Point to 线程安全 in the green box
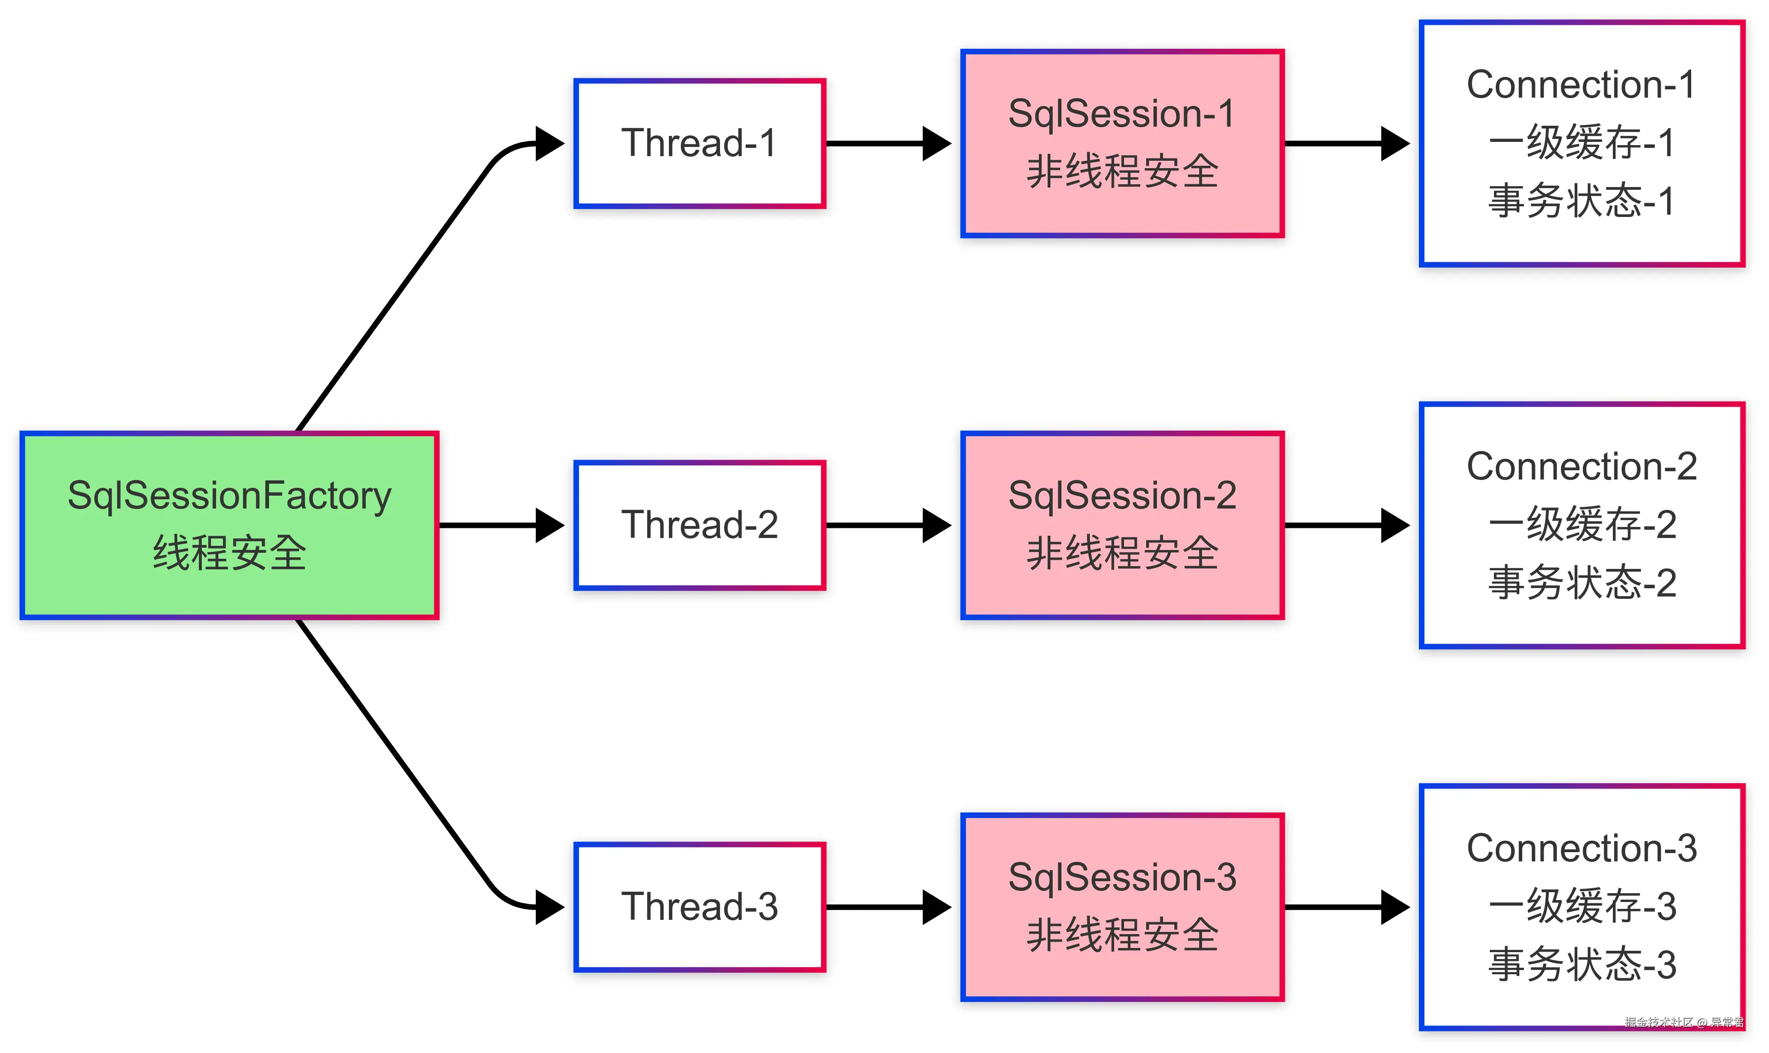(229, 554)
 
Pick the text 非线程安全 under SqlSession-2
(1122, 554)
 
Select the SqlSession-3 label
(1122, 878)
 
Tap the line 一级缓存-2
(1582, 525)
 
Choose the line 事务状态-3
(1582, 965)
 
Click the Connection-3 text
(1582, 848)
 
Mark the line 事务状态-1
(1582, 201)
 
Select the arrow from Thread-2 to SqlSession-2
(887, 525)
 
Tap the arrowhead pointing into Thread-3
(549, 907)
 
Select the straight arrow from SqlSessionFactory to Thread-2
(500, 525)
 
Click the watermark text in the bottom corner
(1683, 1022)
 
